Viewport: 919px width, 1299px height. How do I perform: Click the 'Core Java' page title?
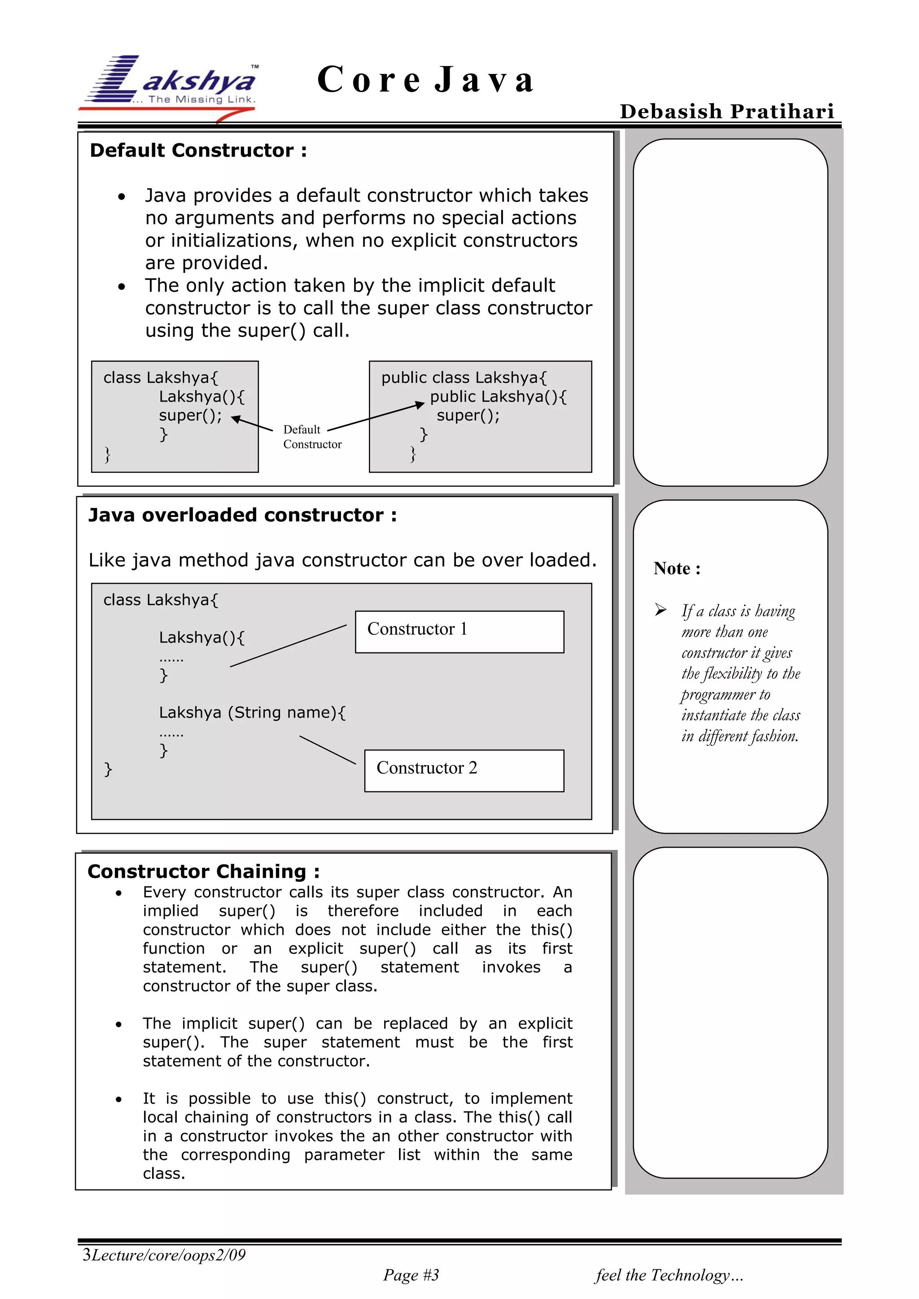425,79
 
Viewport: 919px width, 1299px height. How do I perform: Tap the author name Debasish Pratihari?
726,111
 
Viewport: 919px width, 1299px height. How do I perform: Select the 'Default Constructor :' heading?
198,150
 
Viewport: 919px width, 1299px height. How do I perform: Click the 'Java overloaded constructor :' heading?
242,515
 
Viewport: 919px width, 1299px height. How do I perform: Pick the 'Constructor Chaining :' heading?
203,871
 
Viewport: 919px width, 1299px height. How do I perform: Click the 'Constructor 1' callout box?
459,631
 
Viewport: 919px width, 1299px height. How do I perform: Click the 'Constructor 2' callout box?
464,770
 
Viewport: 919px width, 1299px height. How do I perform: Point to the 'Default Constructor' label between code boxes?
312,437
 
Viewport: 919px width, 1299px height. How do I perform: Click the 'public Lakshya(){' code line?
498,397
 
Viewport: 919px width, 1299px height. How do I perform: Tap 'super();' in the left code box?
190,415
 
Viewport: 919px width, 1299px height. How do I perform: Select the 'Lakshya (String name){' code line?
252,712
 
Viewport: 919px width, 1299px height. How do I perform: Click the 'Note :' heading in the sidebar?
677,568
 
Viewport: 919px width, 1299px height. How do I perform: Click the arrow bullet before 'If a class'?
661,610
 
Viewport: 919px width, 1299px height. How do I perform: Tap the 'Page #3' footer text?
411,1275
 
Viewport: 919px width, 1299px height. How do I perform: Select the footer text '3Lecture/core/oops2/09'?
164,1255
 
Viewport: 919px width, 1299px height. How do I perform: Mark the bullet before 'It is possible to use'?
119,1099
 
